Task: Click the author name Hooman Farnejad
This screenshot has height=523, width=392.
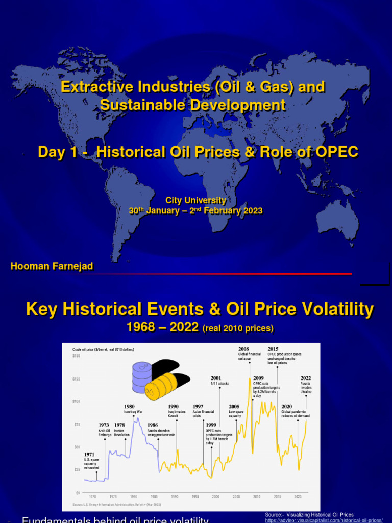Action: pos(52,266)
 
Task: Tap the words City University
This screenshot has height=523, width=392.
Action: pos(195,201)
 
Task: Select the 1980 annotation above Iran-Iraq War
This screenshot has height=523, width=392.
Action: pos(130,407)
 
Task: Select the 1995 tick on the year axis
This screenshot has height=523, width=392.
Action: pos(195,496)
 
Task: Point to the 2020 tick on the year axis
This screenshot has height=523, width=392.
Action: pos(298,496)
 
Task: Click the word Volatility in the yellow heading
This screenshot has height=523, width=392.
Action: pos(332,309)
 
